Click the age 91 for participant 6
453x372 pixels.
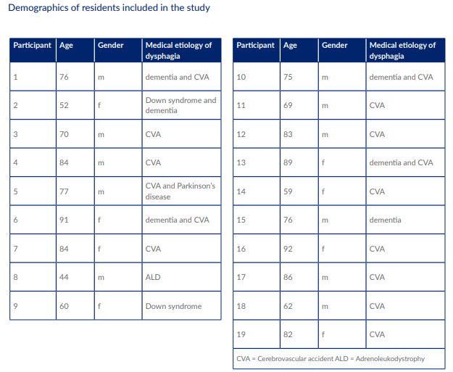[x=64, y=220]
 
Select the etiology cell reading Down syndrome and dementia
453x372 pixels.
[x=180, y=105]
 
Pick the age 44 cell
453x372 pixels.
[x=64, y=278]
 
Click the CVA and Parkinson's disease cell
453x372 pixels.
[x=180, y=191]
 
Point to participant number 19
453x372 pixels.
[x=241, y=334]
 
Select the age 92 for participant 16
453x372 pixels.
[x=288, y=249]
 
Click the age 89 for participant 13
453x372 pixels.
[x=288, y=163]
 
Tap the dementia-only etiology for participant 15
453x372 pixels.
[x=385, y=220]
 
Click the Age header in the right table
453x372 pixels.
[x=290, y=46]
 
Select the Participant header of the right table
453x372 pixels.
[x=255, y=46]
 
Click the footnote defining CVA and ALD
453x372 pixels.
[x=331, y=359]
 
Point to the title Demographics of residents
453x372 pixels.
[x=109, y=9]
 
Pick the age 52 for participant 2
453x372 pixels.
[x=64, y=105]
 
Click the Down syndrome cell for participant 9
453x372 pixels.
[x=173, y=306]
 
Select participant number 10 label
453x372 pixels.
[x=241, y=77]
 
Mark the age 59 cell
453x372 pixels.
[x=288, y=192]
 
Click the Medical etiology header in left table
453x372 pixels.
[x=178, y=50]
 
